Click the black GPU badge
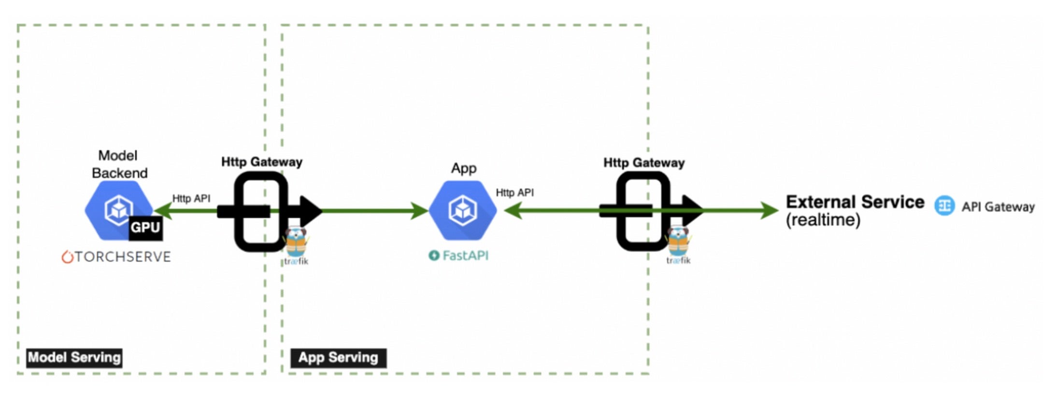(x=145, y=228)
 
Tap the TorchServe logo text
(x=116, y=256)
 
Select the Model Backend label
(x=119, y=164)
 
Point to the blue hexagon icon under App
(x=462, y=210)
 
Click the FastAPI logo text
(x=458, y=255)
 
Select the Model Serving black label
(x=74, y=358)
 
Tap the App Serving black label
(x=338, y=358)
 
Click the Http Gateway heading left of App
(x=261, y=162)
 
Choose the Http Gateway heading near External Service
(x=643, y=163)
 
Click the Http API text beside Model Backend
(x=191, y=198)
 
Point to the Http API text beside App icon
(x=514, y=193)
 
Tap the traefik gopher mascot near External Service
(x=678, y=241)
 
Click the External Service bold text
(x=855, y=202)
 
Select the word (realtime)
(x=823, y=220)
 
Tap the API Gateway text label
(x=998, y=207)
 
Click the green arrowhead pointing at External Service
(x=769, y=211)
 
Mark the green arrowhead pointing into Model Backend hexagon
(x=162, y=211)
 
